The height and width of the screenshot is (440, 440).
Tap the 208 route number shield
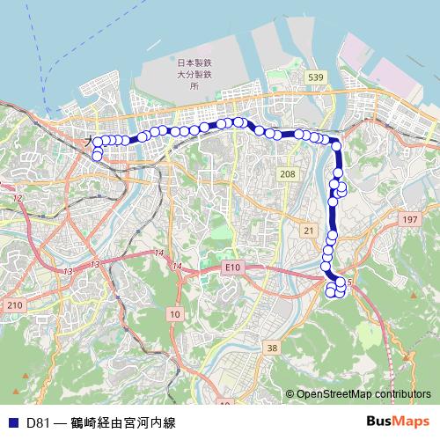tap(288, 175)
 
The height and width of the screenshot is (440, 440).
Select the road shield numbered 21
tap(307, 230)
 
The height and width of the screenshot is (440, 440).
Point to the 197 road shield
tap(408, 218)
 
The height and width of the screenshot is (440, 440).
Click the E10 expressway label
tap(232, 266)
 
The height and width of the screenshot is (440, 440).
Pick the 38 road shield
tap(272, 348)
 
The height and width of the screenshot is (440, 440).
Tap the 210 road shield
tap(13, 304)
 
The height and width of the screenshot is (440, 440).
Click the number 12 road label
tap(17, 199)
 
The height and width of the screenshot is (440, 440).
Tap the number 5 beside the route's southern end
tap(349, 282)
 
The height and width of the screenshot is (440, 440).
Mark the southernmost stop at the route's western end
tap(97, 156)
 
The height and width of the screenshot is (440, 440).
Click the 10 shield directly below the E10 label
tap(174, 313)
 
